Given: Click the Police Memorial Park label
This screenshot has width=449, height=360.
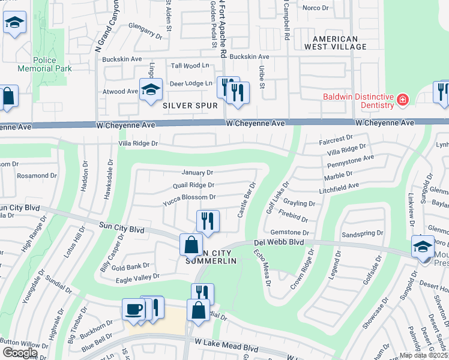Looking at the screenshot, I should (53, 64).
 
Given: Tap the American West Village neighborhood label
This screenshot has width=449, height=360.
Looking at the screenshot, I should (335, 42).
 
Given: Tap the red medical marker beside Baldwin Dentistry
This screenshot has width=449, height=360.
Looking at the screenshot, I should (402, 99).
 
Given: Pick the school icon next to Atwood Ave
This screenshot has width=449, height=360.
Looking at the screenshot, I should (151, 90).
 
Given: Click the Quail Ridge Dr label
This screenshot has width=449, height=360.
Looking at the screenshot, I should (193, 185).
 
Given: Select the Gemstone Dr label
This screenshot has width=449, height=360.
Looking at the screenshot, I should (289, 232).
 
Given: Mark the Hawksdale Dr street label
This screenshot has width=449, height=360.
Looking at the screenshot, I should (110, 178).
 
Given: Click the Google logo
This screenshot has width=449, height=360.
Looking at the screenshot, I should (20, 352).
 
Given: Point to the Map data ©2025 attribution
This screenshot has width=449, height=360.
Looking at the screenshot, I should (424, 355).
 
